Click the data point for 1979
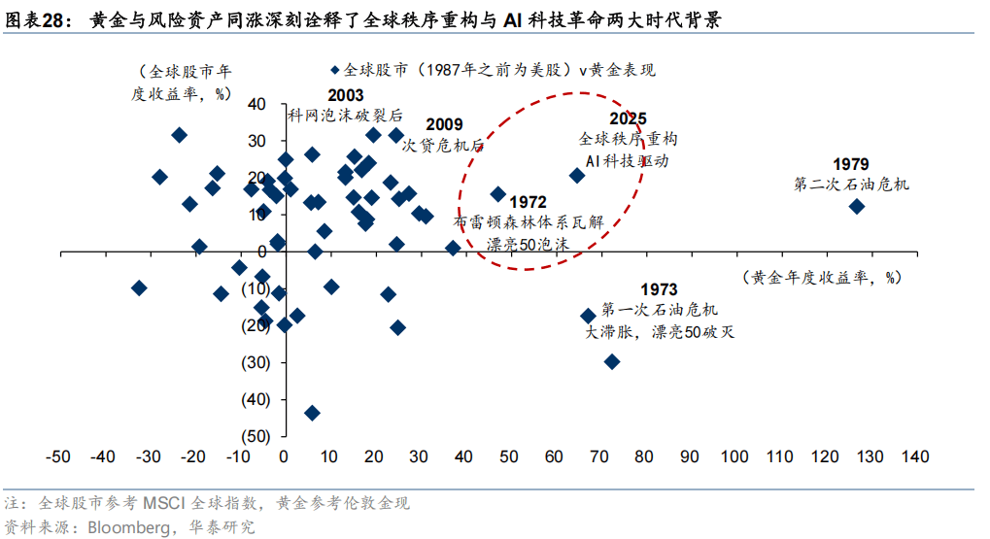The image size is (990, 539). [856, 206]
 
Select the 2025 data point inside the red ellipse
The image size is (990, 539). [576, 176]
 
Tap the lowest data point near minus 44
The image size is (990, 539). [312, 413]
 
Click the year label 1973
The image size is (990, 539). [659, 289]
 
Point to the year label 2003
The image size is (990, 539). [346, 95]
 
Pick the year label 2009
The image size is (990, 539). [444, 124]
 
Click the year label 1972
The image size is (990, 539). [528, 202]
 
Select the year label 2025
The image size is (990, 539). [629, 118]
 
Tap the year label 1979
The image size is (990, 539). [852, 163]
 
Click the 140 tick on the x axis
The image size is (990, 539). [915, 457]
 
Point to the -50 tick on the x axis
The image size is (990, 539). [58, 457]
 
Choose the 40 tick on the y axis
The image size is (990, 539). [257, 104]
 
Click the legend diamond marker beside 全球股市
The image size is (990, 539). [335, 70]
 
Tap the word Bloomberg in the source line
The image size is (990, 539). [127, 527]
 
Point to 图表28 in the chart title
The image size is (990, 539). [38, 19]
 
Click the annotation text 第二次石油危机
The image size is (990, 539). [851, 184]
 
